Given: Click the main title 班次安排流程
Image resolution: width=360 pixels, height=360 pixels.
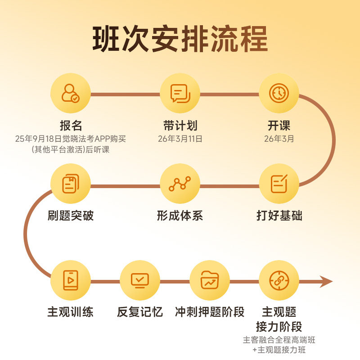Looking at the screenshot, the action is (x=180, y=40).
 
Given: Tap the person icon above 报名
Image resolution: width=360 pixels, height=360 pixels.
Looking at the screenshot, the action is (x=71, y=93).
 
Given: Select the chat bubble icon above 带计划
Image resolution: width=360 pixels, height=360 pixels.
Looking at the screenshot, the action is (x=180, y=93).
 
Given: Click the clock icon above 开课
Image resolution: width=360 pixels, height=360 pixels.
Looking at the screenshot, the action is (x=279, y=93).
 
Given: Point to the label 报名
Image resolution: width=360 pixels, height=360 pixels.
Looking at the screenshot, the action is (x=71, y=125).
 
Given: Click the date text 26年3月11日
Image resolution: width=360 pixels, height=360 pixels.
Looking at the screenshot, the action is (x=180, y=139).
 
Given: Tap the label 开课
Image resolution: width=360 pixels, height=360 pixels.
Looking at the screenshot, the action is (x=279, y=125).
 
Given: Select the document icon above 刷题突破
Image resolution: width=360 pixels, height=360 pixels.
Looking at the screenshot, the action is (x=71, y=184).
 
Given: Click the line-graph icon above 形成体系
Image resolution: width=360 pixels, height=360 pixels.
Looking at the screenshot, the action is (x=180, y=184).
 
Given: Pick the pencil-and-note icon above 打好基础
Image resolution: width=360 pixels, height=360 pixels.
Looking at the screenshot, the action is (x=279, y=184).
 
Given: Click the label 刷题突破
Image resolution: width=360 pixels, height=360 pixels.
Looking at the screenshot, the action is (x=71, y=216).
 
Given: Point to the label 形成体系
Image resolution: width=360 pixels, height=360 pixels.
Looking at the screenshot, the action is (x=180, y=216).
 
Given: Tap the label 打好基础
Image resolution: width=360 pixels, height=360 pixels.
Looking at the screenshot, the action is (x=279, y=216).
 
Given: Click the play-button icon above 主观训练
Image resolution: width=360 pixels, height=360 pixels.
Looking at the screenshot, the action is (x=71, y=280).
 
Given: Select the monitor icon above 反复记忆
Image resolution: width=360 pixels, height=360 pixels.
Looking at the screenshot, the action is (x=140, y=280).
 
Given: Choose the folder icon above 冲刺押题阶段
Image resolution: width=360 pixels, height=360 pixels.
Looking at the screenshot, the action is (x=210, y=280).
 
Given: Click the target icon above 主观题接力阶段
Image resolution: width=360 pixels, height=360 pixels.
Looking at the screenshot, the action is (x=279, y=280).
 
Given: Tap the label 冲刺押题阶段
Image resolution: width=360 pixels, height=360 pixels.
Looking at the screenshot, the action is (x=210, y=312).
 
